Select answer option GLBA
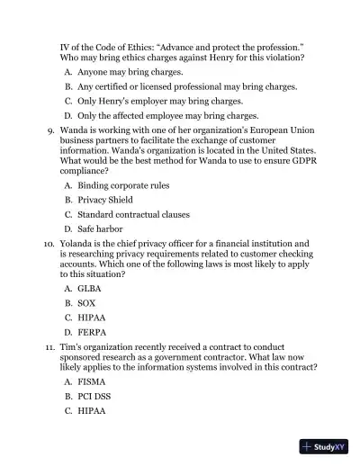89,288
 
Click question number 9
49,130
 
